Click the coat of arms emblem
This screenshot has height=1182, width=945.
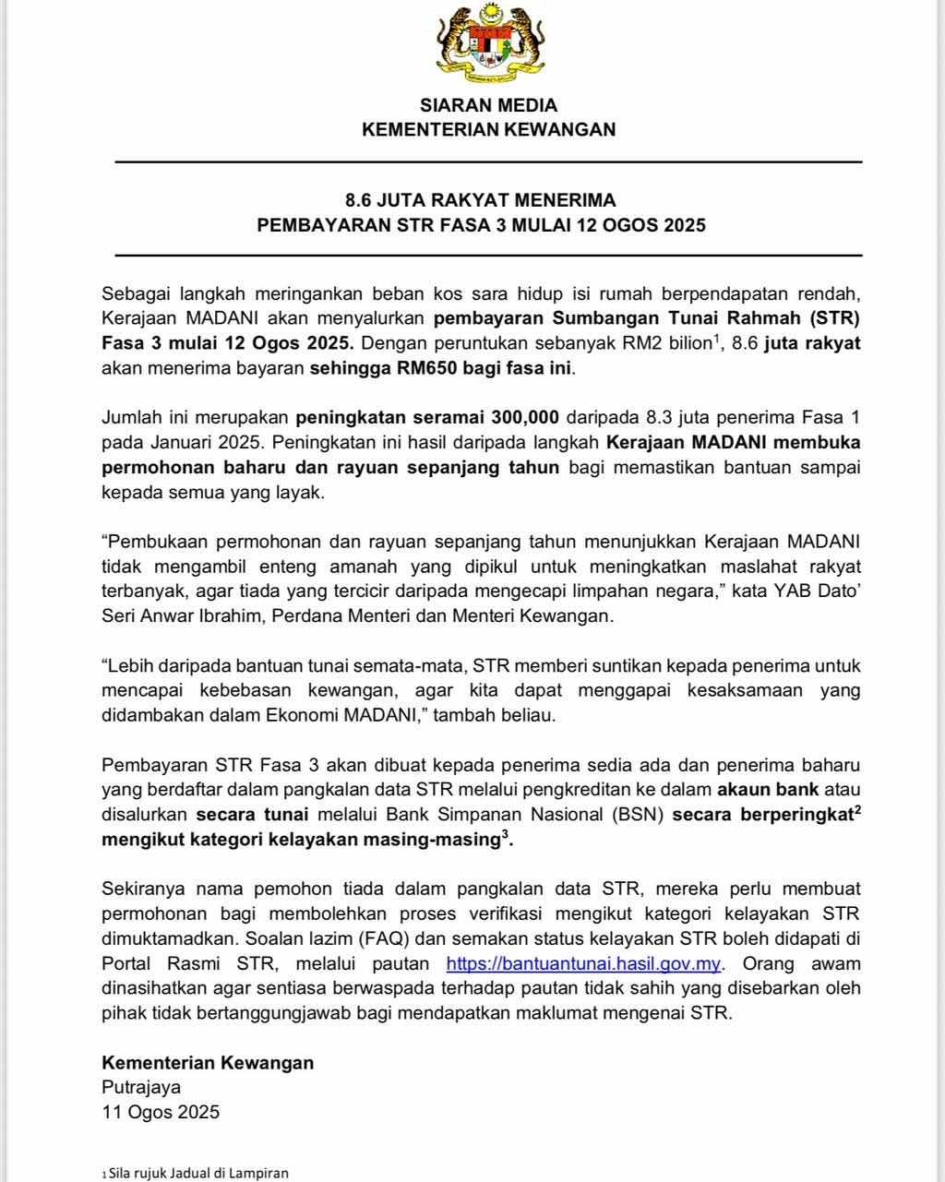coord(489,43)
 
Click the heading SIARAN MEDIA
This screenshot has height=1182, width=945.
coord(488,105)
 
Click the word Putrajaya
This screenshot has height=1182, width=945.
coord(141,1087)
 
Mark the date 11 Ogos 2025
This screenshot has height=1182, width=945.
coord(161,1112)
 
